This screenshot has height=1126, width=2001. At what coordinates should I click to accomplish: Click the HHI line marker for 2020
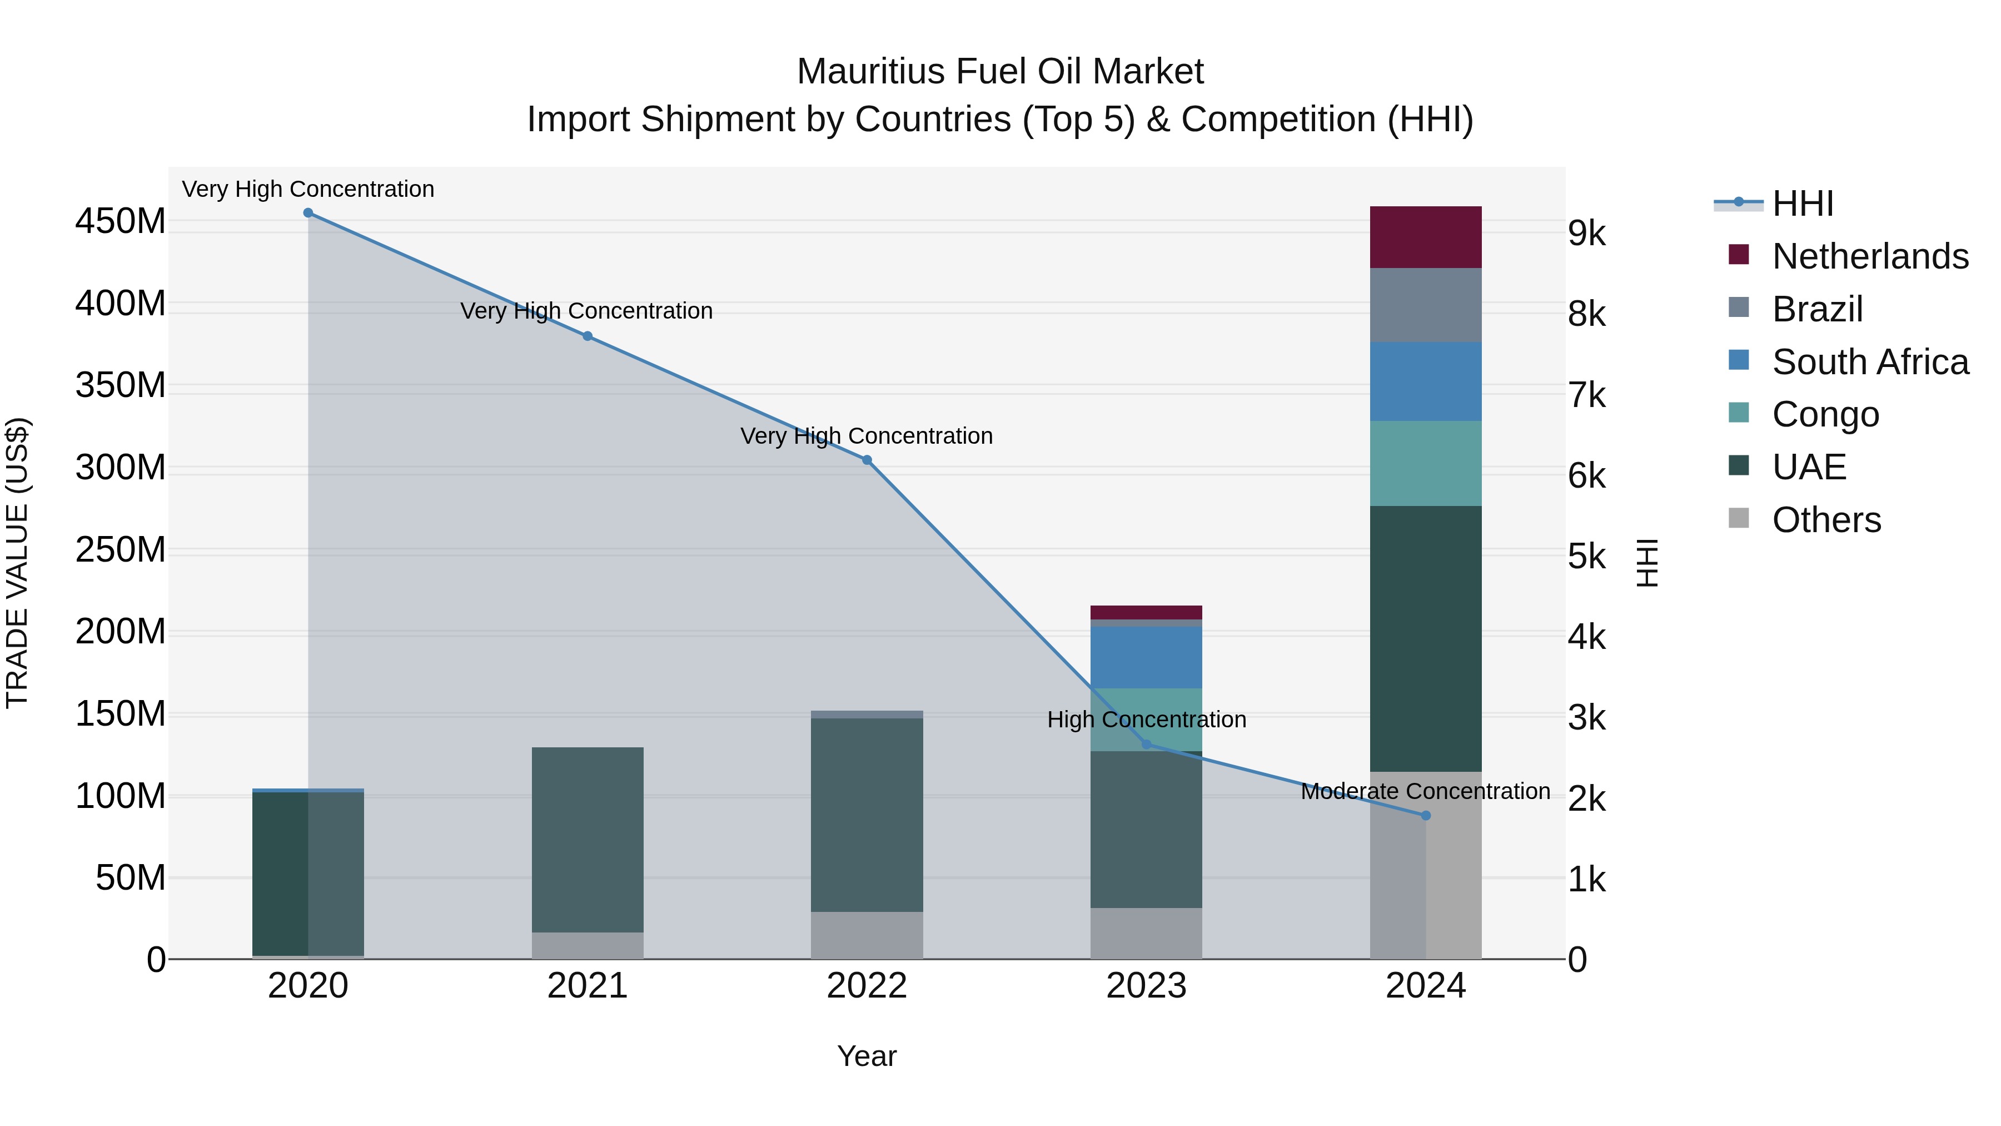[308, 213]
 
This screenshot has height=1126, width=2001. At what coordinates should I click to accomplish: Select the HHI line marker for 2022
[867, 460]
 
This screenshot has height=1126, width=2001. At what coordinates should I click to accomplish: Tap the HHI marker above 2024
[1425, 815]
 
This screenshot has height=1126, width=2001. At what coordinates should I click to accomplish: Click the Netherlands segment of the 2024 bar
[1425, 237]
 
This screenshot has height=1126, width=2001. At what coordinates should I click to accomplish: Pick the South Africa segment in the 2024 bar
[1425, 381]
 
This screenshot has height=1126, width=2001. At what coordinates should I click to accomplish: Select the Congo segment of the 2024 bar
[1425, 463]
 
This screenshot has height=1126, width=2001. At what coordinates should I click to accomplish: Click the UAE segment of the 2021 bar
[588, 839]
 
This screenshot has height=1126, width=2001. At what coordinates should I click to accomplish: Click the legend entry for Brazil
[1817, 309]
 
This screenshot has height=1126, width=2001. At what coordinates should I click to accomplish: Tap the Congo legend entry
[1825, 414]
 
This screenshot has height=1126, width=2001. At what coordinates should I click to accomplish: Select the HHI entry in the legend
[1802, 204]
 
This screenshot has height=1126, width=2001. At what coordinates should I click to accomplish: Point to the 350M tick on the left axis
[121, 385]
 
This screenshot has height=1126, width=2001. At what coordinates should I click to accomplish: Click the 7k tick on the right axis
[1586, 395]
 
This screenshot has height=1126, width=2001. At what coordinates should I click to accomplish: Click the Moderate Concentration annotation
[1425, 791]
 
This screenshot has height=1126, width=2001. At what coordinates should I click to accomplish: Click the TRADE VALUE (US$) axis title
[17, 563]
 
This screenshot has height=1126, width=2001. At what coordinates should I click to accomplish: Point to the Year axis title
[867, 1056]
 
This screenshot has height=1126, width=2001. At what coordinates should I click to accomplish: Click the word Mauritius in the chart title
[871, 72]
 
